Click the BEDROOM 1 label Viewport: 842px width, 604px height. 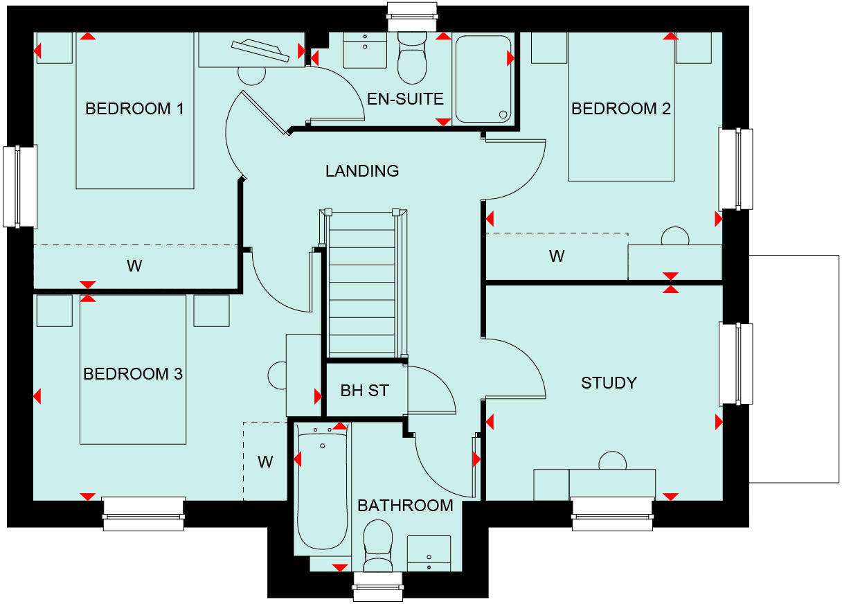pyautogui.click(x=134, y=109)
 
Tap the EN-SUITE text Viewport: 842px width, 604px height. pyautogui.click(x=405, y=99)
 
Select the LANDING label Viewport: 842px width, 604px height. pyautogui.click(x=362, y=170)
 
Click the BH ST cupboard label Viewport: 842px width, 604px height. pyautogui.click(x=364, y=391)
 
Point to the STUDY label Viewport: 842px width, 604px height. pyautogui.click(x=609, y=383)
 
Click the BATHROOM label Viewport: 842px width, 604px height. pyautogui.click(x=405, y=506)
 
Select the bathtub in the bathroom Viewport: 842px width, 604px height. pyautogui.click(x=322, y=492)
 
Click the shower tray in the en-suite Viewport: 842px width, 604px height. pyautogui.click(x=483, y=80)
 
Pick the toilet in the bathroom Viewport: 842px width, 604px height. pyautogui.click(x=378, y=544)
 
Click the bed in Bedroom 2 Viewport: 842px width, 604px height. pyautogui.click(x=621, y=111)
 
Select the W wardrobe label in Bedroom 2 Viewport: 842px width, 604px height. pyautogui.click(x=557, y=257)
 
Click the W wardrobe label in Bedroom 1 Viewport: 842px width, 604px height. pyautogui.click(x=134, y=266)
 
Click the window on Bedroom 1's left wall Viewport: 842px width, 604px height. pyautogui.click(x=20, y=186)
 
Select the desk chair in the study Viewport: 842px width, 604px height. pyautogui.click(x=613, y=461)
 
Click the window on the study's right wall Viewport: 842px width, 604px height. pyautogui.click(x=735, y=364)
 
